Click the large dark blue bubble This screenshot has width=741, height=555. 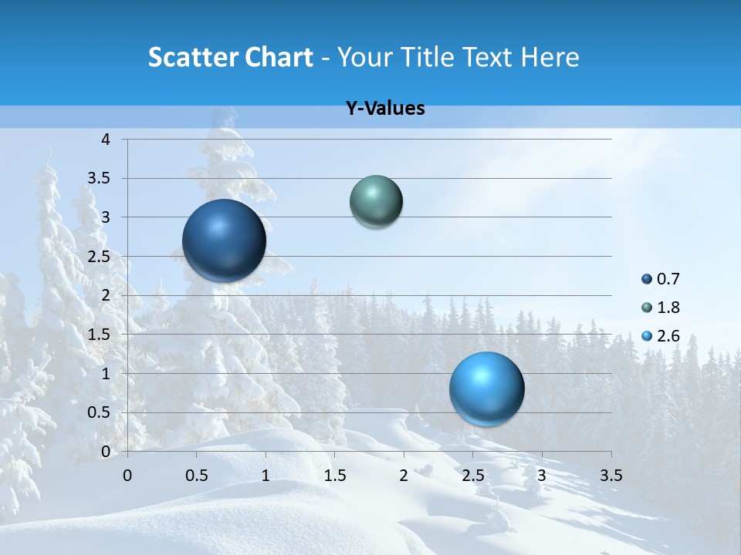coord(224,240)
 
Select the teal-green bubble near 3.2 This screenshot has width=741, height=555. coord(376,202)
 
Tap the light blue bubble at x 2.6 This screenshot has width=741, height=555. coord(486,388)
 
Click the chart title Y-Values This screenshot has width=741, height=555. coord(385,109)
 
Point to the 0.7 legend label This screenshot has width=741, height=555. coord(668,279)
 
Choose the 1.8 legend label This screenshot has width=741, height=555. coord(668,308)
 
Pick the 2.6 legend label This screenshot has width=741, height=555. coord(668,336)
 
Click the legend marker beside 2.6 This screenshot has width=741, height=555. coord(647,336)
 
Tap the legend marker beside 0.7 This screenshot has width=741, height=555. coord(647,279)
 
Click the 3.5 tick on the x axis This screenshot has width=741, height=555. coord(611,475)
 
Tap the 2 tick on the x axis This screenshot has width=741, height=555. coord(404,475)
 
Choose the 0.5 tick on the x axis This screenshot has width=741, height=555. coord(197,475)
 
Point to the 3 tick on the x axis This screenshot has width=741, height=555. coord(541,475)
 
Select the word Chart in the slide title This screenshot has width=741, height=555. coord(278,57)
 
